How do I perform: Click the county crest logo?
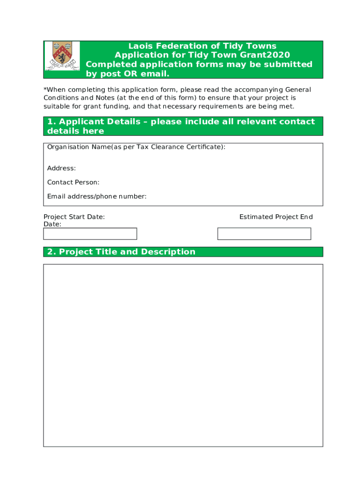tap(62, 56)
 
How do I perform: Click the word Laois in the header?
tap(142, 46)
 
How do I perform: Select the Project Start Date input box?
tap(90, 234)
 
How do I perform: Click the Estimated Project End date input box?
tap(264, 234)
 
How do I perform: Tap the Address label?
tap(61, 168)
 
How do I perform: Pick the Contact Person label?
tap(73, 182)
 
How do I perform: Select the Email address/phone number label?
tap(97, 196)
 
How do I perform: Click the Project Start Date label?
tap(74, 217)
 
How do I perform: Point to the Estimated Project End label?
tap(276, 217)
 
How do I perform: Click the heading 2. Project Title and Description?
tap(121, 252)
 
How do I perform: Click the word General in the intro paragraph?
tap(298, 89)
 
